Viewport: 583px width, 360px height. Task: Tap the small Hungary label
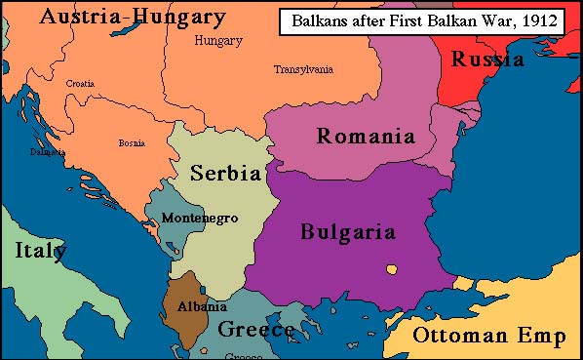pos(218,41)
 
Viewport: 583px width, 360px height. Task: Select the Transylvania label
pos(303,69)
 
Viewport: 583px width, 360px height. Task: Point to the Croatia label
pos(80,84)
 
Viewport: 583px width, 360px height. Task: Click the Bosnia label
pos(132,142)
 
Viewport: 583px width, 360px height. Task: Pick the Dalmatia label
pos(47,152)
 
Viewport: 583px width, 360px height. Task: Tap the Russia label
pos(487,60)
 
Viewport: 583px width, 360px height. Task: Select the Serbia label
pos(225,174)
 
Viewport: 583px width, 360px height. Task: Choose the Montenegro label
pos(200,217)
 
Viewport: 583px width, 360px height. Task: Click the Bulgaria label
pos(347,232)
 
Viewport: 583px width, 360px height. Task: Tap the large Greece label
pos(255,330)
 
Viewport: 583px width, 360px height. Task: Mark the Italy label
pos(41,251)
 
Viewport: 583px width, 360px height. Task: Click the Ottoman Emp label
pos(488,338)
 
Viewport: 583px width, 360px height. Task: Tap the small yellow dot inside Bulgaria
pos(391,269)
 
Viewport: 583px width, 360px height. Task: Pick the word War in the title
pos(490,20)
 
